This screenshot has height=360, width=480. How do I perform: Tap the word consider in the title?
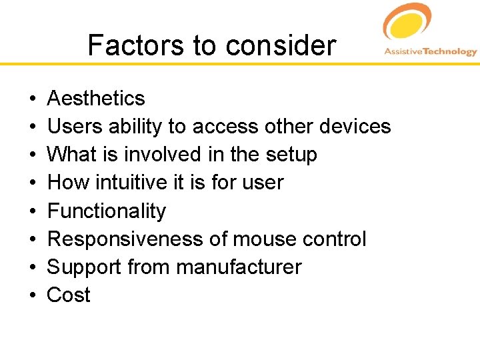(x=280, y=46)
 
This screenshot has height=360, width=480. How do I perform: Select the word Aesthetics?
(x=96, y=99)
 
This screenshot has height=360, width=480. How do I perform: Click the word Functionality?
(x=107, y=211)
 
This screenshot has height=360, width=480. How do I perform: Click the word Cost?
(x=69, y=295)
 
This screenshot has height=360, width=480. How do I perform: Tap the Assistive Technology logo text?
(x=430, y=52)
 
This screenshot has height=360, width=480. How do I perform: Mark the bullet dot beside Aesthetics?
(x=33, y=99)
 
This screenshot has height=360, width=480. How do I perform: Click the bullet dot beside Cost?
(x=33, y=295)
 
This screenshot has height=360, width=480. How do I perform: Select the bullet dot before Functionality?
(x=33, y=211)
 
